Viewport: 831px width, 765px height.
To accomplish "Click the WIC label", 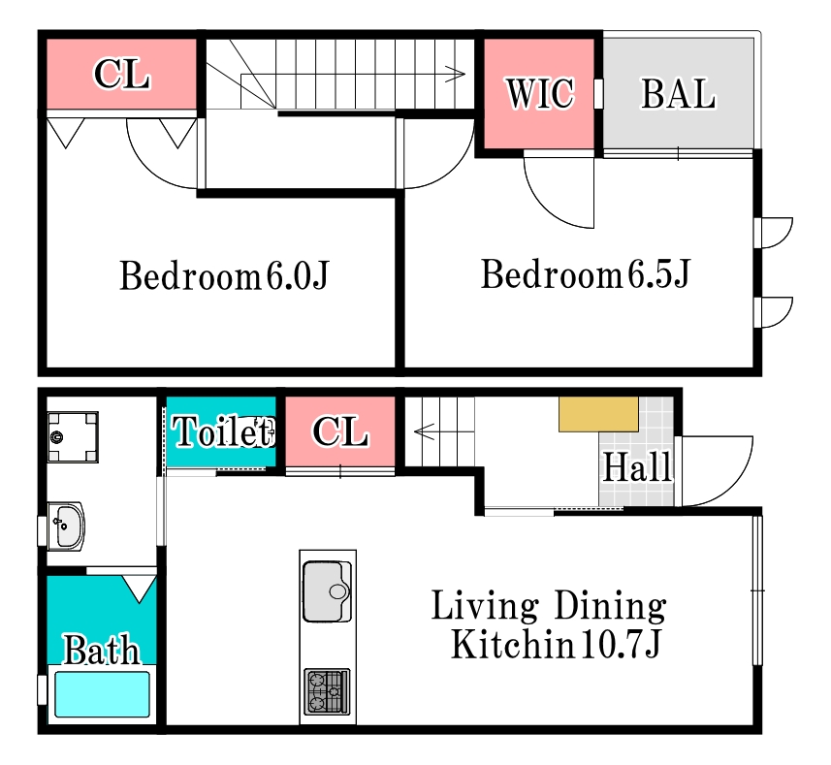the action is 539,94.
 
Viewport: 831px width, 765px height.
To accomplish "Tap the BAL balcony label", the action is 679,94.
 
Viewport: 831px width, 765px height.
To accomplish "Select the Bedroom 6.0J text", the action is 224,275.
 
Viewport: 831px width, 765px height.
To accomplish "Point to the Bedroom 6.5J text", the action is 585,273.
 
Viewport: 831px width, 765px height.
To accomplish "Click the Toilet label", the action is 222,431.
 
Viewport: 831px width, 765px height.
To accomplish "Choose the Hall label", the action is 637,467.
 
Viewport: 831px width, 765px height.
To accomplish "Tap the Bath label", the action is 102,649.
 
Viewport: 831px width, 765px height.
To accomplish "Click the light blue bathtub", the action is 102,694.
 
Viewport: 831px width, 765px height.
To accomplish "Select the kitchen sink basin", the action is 327,591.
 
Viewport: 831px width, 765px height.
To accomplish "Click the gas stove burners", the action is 327,691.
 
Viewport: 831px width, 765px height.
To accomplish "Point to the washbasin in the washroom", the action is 66,526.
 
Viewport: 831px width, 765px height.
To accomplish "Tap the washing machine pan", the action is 73,437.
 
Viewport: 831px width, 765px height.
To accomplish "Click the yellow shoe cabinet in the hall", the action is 598,414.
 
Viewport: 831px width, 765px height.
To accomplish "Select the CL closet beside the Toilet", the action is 340,431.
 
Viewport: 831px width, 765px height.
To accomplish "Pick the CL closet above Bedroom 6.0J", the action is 121,74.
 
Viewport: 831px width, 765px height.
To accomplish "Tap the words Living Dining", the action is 549,605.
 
